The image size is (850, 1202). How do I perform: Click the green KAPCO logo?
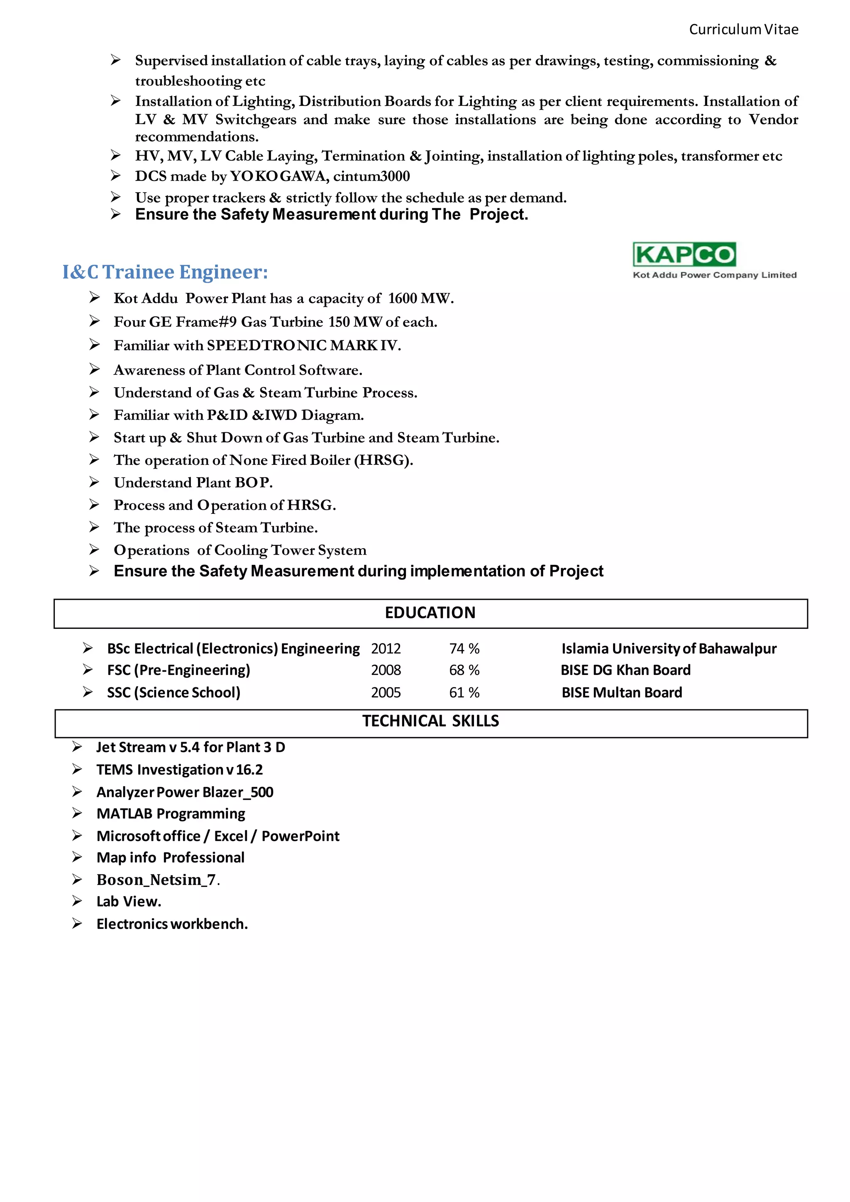click(x=684, y=254)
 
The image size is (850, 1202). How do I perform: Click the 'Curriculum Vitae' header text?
click(x=743, y=29)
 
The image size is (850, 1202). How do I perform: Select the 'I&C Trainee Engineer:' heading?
click(x=165, y=272)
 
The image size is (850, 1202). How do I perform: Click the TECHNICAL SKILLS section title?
click(x=430, y=721)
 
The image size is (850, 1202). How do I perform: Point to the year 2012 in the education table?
click(x=386, y=649)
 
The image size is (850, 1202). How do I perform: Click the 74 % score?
click(x=464, y=649)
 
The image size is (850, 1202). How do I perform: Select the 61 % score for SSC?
click(x=464, y=693)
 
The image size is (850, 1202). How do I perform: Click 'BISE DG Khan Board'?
click(x=625, y=670)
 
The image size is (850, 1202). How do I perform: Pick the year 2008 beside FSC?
click(x=386, y=670)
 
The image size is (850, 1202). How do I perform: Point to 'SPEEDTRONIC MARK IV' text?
click(x=303, y=345)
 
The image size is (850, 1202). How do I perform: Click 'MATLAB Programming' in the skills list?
click(x=171, y=814)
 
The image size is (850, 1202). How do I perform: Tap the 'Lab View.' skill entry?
click(x=129, y=901)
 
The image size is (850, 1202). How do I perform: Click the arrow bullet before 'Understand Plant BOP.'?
click(x=94, y=481)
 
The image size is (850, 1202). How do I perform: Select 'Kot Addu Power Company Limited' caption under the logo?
click(x=714, y=275)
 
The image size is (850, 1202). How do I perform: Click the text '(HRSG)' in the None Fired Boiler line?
click(x=383, y=460)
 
